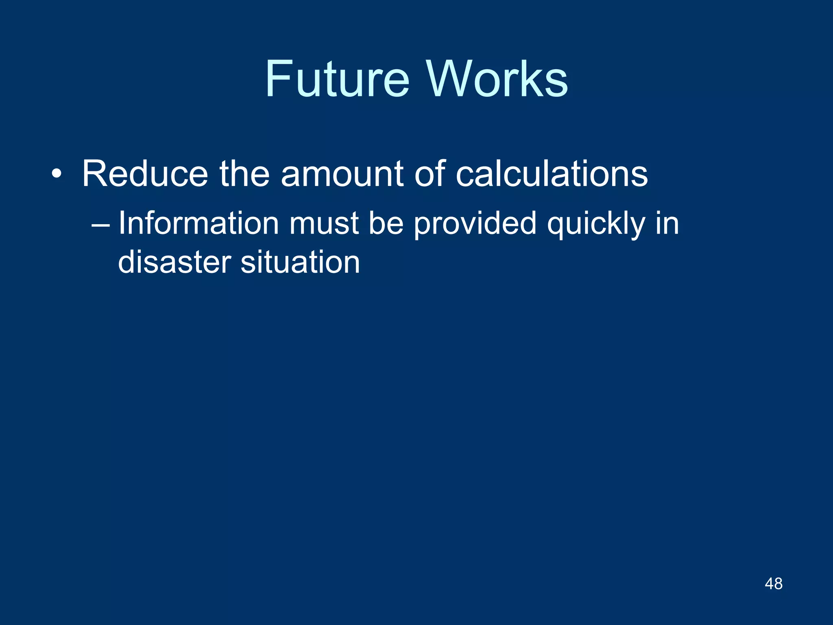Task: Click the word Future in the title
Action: [337, 79]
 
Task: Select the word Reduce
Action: [145, 174]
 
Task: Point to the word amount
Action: [342, 174]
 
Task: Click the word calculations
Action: [552, 174]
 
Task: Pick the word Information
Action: [198, 223]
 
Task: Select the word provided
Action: [475, 224]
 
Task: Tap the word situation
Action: [300, 262]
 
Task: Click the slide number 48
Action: [773, 584]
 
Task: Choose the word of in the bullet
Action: [430, 174]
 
